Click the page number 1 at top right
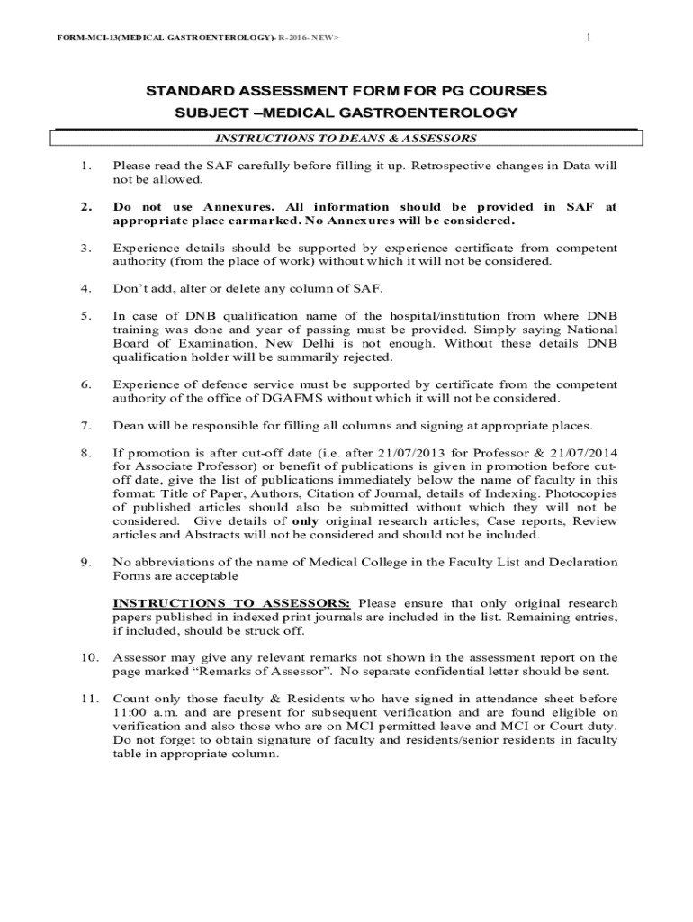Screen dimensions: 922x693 (x=588, y=36)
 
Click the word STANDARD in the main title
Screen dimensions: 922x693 (x=182, y=92)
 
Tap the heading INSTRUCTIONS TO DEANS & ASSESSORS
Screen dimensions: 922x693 (x=346, y=139)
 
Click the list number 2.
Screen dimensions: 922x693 (x=84, y=207)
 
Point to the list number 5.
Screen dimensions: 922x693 (x=84, y=316)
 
